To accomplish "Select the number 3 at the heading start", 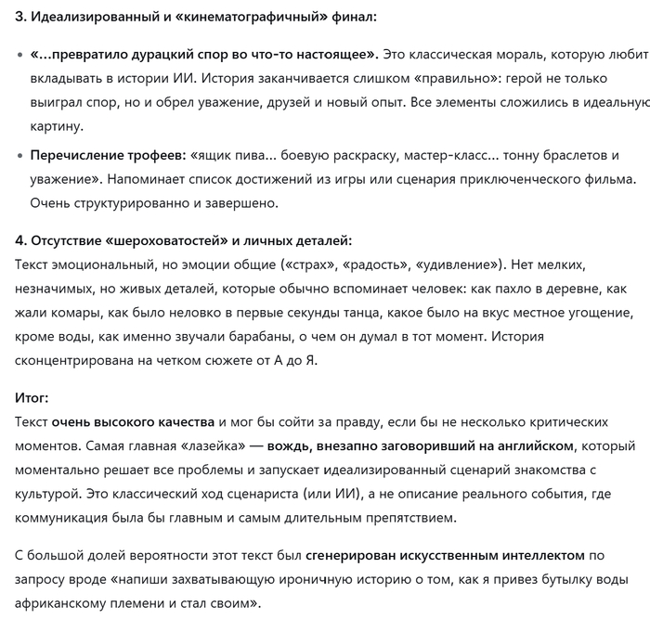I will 19,17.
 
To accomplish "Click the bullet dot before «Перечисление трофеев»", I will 19,154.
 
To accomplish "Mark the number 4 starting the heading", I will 19,240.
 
